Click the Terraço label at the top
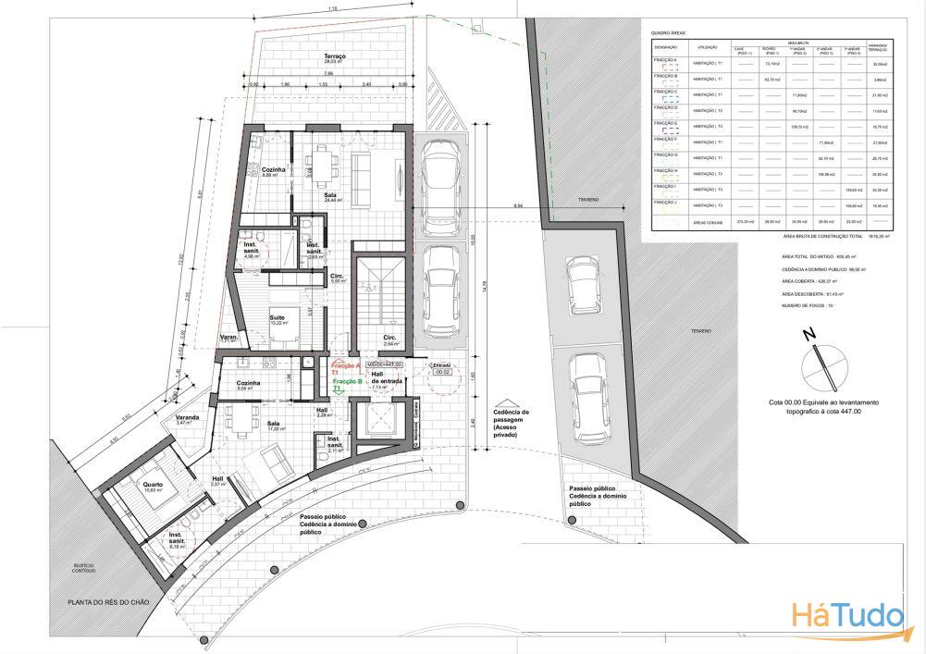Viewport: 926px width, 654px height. (334, 57)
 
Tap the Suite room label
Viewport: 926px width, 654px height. (278, 319)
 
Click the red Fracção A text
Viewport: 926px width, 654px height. (345, 366)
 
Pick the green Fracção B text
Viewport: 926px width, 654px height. (345, 380)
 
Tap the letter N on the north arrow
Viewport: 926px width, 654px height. (807, 335)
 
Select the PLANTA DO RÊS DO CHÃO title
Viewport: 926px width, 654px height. (110, 602)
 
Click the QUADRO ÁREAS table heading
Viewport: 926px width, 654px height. (670, 31)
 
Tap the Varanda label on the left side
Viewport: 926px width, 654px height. (191, 419)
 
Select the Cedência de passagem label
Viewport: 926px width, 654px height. (512, 420)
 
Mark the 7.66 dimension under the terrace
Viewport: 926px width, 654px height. (328, 74)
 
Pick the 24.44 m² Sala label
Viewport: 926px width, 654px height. (330, 196)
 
